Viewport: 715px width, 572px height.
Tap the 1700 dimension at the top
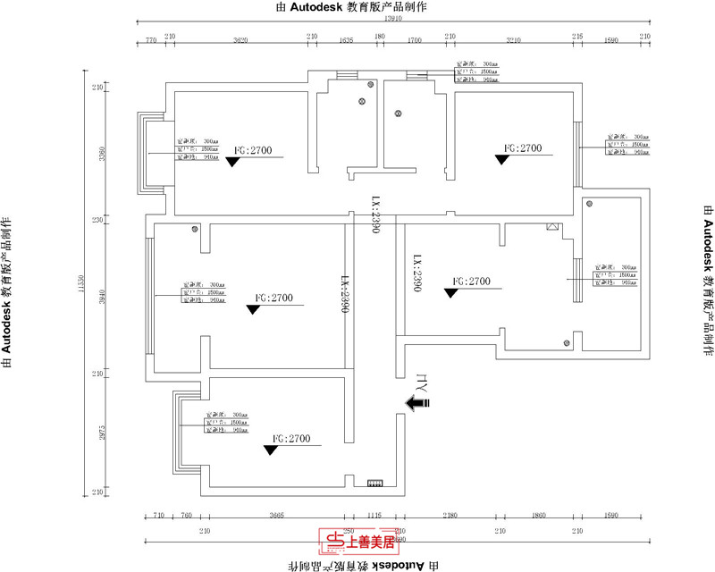pos(415,40)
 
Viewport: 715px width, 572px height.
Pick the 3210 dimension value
pos(513,40)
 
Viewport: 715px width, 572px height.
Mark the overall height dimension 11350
pos(82,288)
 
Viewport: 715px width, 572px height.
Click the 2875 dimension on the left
pos(103,433)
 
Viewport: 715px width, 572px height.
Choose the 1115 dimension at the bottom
pos(374,517)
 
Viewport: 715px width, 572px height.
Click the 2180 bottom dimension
pos(449,517)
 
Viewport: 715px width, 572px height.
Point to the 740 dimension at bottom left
pos(187,517)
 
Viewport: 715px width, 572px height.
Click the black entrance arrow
pos(417,404)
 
